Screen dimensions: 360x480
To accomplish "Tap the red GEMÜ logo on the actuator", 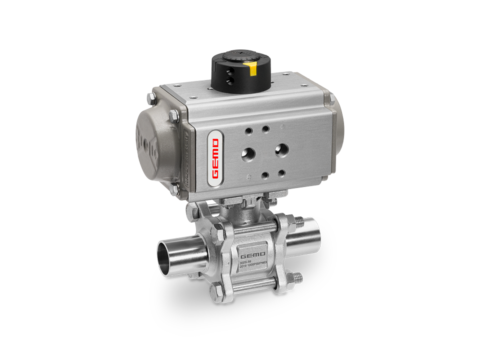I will pyautogui.click(x=215, y=159).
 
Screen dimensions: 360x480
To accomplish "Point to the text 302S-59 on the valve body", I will pyautogui.click(x=245, y=261).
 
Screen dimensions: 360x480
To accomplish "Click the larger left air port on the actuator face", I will pyautogui.click(x=248, y=153).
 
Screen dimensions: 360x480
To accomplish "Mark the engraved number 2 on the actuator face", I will pyautogui.click(x=248, y=176).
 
